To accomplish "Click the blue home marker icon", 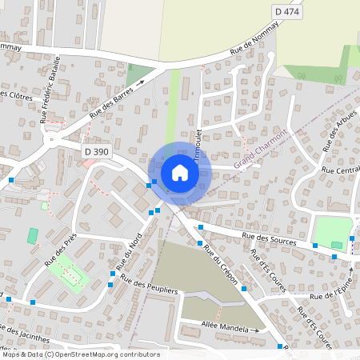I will pos(179,172).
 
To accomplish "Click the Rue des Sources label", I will pos(269,238).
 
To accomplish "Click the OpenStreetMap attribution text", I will pos(80,354).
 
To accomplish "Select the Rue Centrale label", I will pos(340,170).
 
